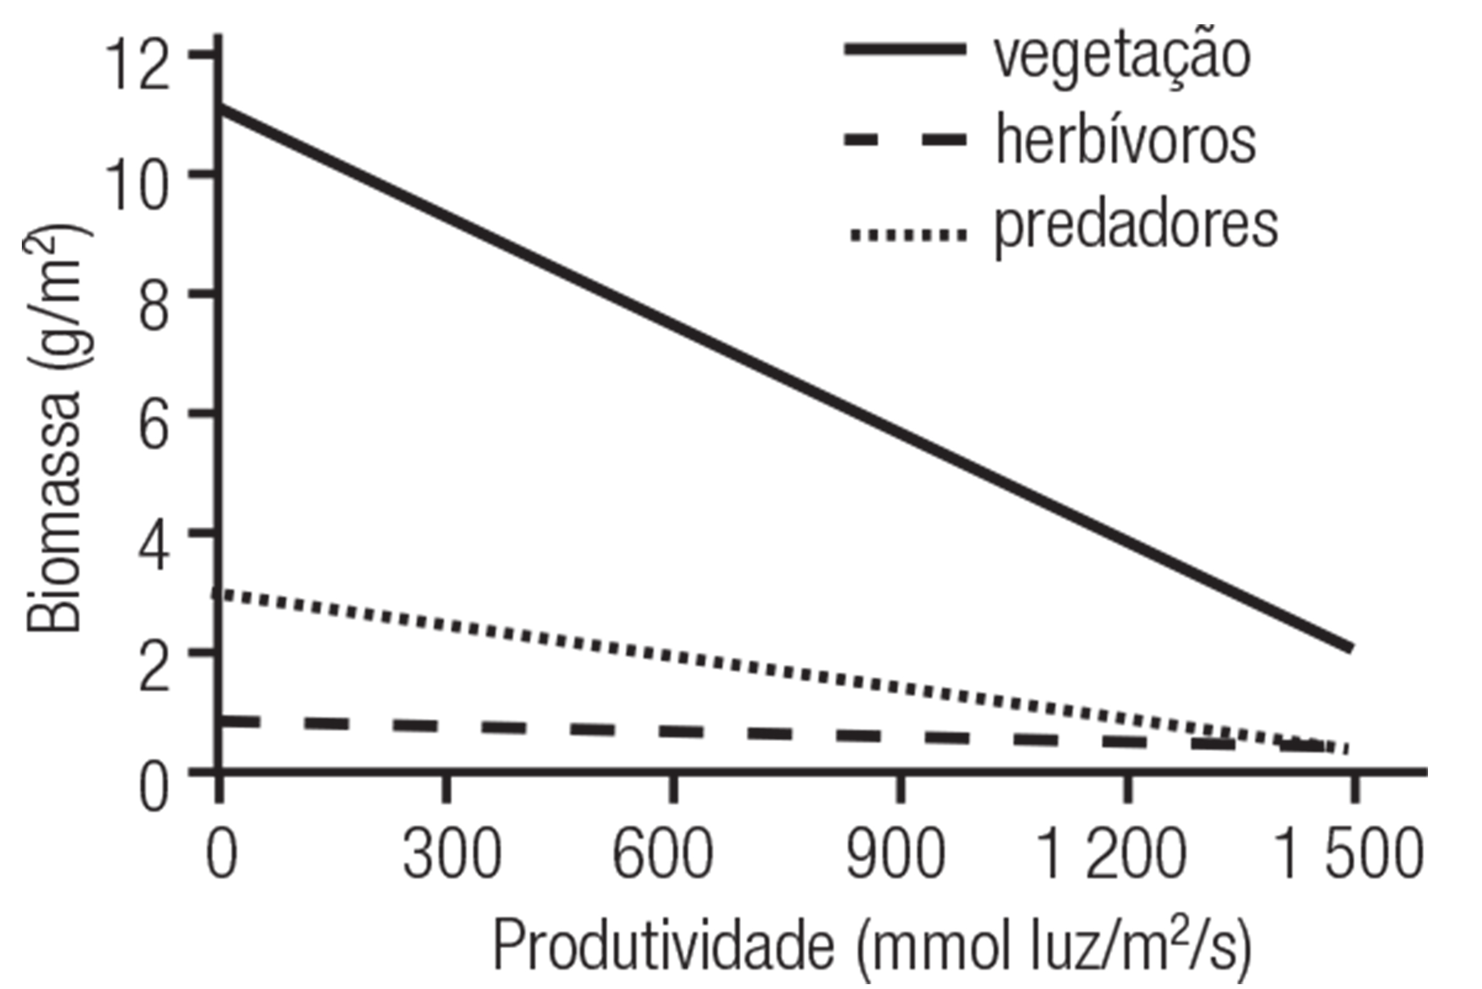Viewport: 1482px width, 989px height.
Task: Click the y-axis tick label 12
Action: [137, 64]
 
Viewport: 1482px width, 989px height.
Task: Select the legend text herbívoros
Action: [1125, 142]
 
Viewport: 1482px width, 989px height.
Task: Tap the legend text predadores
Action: [1136, 227]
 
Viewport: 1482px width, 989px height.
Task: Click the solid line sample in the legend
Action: [905, 49]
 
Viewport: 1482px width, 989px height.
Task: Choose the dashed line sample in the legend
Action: [905, 140]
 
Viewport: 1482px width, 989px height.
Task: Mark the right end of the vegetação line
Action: [1350, 648]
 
